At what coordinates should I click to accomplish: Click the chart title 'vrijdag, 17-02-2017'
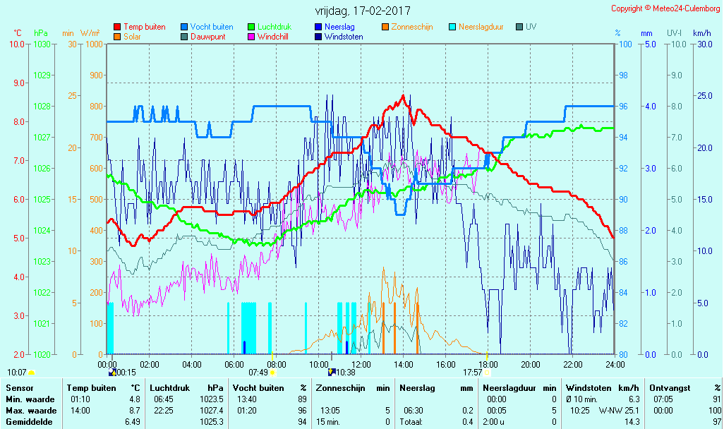(x=362, y=11)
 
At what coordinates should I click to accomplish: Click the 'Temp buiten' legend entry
(x=144, y=27)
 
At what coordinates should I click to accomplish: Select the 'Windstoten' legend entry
(x=344, y=37)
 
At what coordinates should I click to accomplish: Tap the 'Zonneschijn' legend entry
(x=412, y=27)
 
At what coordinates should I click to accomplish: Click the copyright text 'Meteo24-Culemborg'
(x=682, y=8)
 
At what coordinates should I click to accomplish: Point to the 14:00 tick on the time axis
(x=403, y=364)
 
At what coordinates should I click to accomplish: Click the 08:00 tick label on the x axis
(x=276, y=364)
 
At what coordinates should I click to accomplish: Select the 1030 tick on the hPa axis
(x=42, y=44)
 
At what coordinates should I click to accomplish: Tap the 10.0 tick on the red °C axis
(x=16, y=44)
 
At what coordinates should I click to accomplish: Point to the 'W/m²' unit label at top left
(x=90, y=33)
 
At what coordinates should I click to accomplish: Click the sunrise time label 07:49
(x=258, y=373)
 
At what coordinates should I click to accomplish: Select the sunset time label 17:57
(x=472, y=373)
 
